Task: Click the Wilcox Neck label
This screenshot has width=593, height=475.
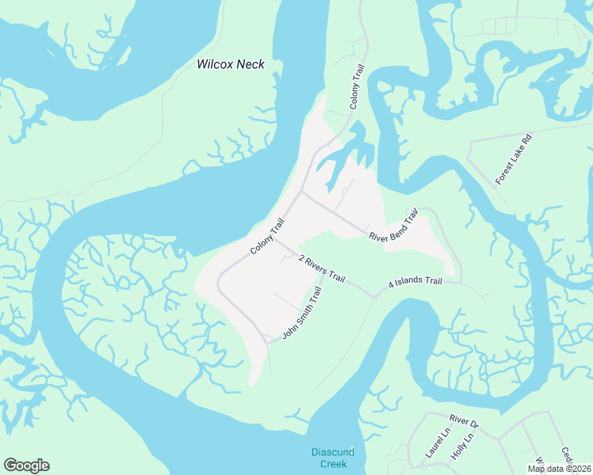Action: pos(230,64)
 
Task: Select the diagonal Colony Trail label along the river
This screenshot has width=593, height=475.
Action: pos(267,237)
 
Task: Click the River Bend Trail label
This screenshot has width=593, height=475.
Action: pos(392,226)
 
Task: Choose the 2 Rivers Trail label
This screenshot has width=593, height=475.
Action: pos(322,268)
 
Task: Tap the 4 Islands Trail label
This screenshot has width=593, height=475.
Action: pos(415,282)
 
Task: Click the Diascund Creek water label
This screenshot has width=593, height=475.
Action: pos(332,457)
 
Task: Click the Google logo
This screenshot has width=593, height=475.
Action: pos(26,465)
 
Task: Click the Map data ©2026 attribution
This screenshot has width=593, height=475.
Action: pos(558,469)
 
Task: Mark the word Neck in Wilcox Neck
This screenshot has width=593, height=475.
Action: pos(250,64)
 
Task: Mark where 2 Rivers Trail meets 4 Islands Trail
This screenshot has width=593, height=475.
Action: pos(373,297)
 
